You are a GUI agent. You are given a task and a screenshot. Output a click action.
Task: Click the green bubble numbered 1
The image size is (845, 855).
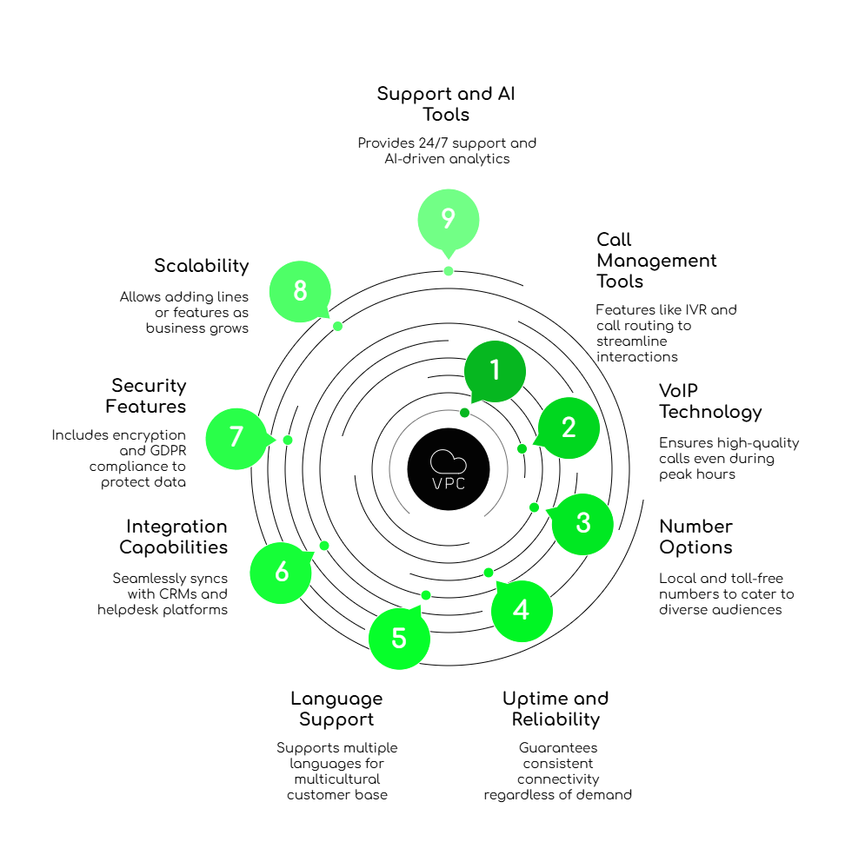click(495, 371)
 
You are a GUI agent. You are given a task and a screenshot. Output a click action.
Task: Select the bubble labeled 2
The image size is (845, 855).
click(569, 427)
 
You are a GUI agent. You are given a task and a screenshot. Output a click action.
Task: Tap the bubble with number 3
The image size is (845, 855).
click(582, 523)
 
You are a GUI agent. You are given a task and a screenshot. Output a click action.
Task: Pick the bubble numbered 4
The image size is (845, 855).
click(522, 611)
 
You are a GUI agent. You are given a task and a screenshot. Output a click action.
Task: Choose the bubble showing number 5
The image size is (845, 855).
click(399, 639)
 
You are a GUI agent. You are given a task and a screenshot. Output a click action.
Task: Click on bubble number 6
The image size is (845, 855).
click(281, 573)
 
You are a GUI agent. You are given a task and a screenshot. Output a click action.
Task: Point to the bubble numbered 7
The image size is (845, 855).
click(236, 438)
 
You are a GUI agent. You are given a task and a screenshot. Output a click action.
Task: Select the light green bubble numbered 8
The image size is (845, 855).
click(300, 291)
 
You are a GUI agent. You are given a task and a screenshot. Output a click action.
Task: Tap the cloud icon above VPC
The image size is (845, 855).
click(449, 461)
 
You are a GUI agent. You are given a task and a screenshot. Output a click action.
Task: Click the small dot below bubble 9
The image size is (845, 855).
click(449, 271)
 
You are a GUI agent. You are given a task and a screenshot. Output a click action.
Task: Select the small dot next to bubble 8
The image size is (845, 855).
click(338, 326)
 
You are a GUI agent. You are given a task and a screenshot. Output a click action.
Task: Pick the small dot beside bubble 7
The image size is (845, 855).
click(288, 441)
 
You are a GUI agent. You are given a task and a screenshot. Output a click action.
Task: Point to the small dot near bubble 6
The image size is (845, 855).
click(324, 546)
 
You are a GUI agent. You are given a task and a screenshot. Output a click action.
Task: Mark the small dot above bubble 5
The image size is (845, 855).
click(426, 595)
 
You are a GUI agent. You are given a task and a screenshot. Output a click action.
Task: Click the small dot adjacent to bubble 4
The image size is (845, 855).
click(489, 573)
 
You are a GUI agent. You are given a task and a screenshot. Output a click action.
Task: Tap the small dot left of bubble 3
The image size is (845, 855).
click(534, 507)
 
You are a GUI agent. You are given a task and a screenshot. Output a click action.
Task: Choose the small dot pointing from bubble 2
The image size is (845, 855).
click(522, 449)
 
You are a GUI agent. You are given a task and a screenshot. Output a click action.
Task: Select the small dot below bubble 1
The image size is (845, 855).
click(465, 413)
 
